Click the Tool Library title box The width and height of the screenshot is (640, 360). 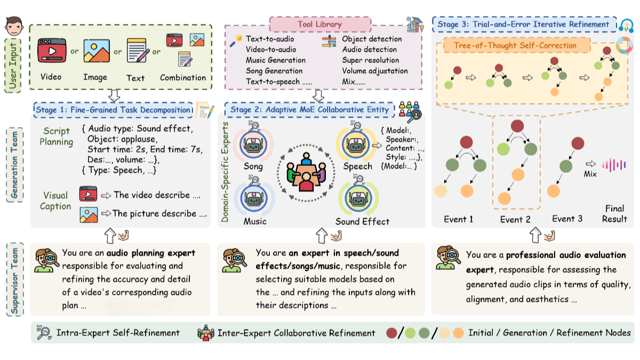[x=320, y=24]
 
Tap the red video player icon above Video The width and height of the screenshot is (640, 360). [x=51, y=52]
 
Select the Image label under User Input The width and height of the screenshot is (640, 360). [x=95, y=77]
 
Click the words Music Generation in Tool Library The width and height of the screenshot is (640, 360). [x=276, y=60]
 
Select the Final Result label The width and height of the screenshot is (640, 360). [x=614, y=213]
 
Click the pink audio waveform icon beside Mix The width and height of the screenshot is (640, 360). [x=614, y=165]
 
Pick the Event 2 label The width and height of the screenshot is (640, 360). [x=515, y=219]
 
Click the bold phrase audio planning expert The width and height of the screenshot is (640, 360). [x=151, y=253]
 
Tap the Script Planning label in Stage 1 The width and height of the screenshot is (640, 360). [x=57, y=137]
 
